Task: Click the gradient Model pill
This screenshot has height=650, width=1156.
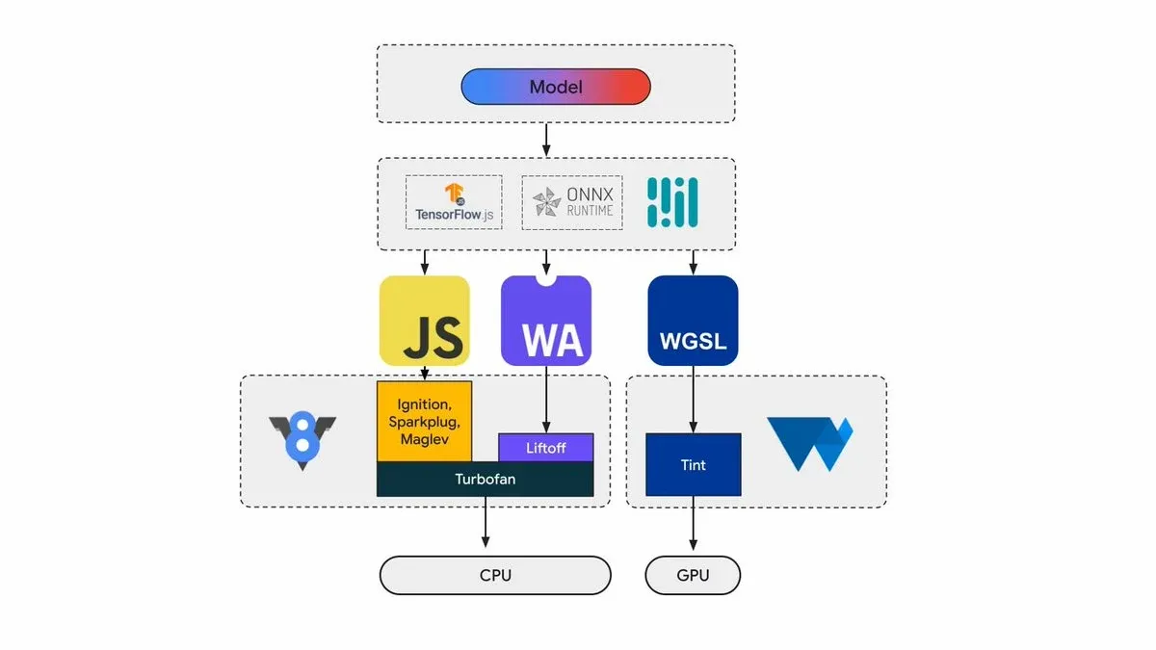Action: point(556,87)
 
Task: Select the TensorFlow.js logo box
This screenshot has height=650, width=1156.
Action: point(454,202)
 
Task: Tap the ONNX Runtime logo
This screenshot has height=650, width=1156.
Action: point(572,202)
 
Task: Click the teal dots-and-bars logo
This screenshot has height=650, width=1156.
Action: point(672,202)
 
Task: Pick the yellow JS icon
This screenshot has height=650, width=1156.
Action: point(425,321)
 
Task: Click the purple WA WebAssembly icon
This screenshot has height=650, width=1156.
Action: point(546,321)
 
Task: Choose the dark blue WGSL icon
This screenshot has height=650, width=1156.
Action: point(693,321)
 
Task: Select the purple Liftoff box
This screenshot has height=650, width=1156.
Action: point(545,448)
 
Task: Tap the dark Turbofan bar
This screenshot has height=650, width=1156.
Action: point(485,479)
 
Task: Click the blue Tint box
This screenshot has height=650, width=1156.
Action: point(693,464)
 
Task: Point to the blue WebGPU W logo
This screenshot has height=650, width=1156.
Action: point(809,444)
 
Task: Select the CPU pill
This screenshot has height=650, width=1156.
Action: point(495,576)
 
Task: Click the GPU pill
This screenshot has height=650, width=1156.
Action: point(693,576)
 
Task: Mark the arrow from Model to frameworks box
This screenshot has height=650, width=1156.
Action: point(546,140)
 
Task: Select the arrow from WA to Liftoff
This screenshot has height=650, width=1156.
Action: point(546,400)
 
